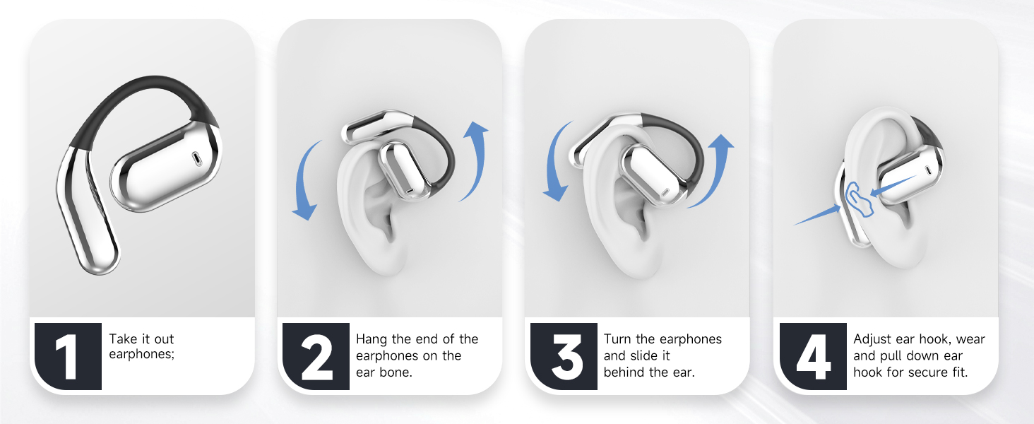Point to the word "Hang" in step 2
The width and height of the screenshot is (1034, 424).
[372, 339]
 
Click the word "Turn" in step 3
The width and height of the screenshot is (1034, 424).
[619, 339]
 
